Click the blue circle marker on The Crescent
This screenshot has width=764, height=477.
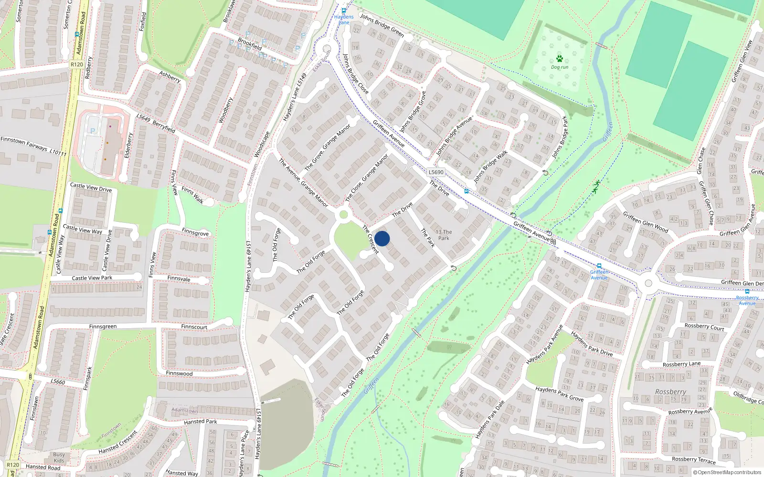click(x=382, y=238)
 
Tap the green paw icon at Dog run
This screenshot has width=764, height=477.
click(x=559, y=59)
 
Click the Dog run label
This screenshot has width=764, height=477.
click(x=560, y=67)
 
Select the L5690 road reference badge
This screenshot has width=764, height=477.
click(x=435, y=172)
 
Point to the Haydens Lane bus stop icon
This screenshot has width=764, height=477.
click(x=343, y=10)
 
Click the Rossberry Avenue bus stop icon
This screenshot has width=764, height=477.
click(x=747, y=291)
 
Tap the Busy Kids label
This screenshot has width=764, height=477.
click(x=59, y=458)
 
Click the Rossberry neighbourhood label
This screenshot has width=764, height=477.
click(x=670, y=392)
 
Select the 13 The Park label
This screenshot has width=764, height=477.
click(x=444, y=235)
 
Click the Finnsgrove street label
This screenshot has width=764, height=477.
click(x=195, y=232)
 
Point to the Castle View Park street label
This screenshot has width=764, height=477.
click(x=92, y=278)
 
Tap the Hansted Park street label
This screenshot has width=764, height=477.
click(x=201, y=422)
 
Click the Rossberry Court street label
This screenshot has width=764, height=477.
click(x=704, y=327)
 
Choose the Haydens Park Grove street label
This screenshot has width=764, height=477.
click(x=559, y=394)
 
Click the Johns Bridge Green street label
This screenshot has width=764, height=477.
click(x=382, y=25)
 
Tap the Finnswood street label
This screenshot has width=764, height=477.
click(x=179, y=373)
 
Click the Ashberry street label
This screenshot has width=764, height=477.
click(x=170, y=76)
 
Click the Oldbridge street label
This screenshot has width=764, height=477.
click(x=748, y=397)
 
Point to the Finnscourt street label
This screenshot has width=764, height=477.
click(x=194, y=327)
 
